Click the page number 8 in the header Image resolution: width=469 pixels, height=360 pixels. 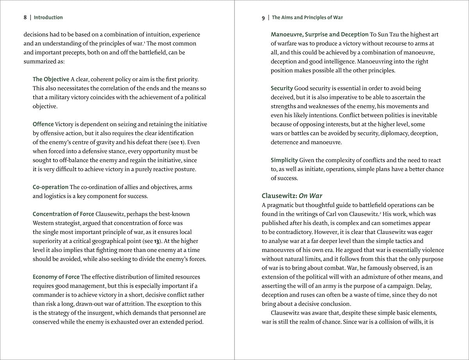tap(25, 18)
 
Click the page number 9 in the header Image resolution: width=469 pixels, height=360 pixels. tap(263, 18)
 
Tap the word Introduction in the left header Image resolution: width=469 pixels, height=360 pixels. tap(48, 18)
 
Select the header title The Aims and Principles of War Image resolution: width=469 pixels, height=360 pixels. tap(307, 18)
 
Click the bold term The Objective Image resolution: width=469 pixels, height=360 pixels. tap(51, 79)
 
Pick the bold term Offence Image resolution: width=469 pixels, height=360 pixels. tap(43, 124)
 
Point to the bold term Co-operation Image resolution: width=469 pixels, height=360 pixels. tap(50, 187)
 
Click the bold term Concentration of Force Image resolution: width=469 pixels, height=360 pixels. tap(63, 214)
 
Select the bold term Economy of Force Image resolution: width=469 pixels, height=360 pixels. tap(56, 277)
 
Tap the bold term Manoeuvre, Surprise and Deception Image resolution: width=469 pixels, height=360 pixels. tap(320, 34)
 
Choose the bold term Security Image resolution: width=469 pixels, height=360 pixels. tap(282, 88)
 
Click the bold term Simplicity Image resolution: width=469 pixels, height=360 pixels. tap(284, 160)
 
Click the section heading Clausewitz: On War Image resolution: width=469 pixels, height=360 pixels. tap(292, 196)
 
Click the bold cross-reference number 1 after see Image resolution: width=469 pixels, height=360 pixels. tap(182, 142)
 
